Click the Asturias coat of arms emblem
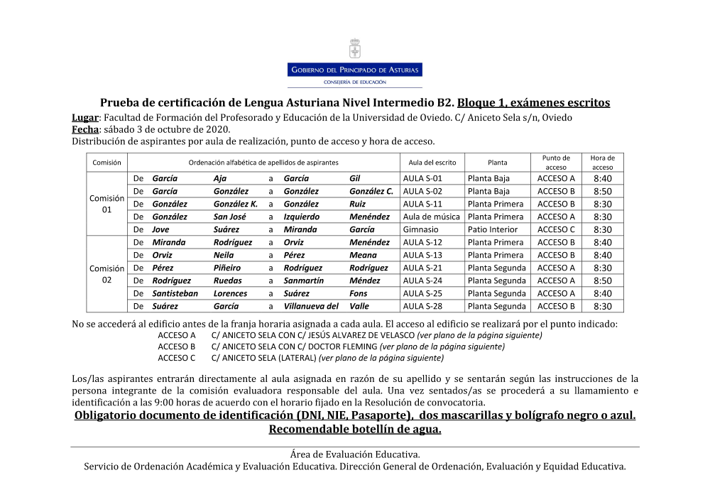coord(354,49)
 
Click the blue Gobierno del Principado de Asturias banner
coord(354,70)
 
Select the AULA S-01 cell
coord(422,178)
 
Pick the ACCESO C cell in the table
coord(556,229)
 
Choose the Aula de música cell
coord(431,217)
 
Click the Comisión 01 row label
coord(106,204)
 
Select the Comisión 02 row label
coord(106,274)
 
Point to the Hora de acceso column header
coord(602,163)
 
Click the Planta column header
coord(497,163)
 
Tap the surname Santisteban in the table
coord(175,293)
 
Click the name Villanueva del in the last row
coord(311,306)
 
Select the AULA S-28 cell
coord(422,306)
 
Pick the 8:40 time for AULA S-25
coord(602,293)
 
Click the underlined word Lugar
coord(84,117)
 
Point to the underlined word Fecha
coord(84,129)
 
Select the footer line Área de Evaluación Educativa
coord(355,454)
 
